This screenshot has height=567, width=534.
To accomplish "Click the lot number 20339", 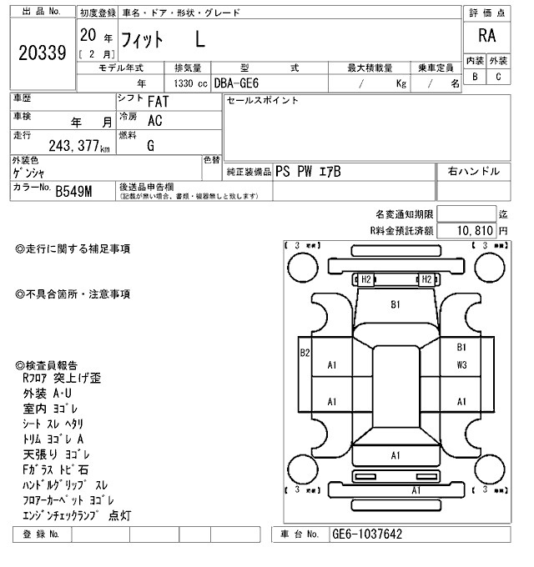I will click(42, 53).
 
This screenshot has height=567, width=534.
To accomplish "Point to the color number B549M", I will click(74, 193).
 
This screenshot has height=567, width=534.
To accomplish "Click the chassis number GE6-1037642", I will click(367, 534).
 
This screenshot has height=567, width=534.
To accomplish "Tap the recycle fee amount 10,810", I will click(474, 229).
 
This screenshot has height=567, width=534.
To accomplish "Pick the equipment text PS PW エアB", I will click(308, 172).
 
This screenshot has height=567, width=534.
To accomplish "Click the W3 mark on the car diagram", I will click(461, 365).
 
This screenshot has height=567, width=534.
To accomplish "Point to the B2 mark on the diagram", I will click(305, 353).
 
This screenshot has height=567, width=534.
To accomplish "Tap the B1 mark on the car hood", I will click(395, 304).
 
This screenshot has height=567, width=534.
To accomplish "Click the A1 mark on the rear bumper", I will click(395, 455).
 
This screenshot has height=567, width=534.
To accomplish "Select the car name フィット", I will click(143, 38).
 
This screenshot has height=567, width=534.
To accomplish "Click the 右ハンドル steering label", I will click(473, 171).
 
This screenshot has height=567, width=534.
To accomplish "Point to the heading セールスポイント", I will click(263, 101).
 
